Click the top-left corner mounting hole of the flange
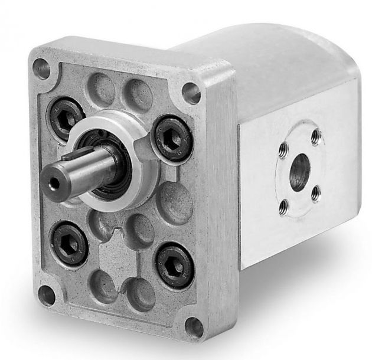point(42,68)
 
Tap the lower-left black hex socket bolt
point(70,243)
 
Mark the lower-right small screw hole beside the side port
point(316,192)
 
